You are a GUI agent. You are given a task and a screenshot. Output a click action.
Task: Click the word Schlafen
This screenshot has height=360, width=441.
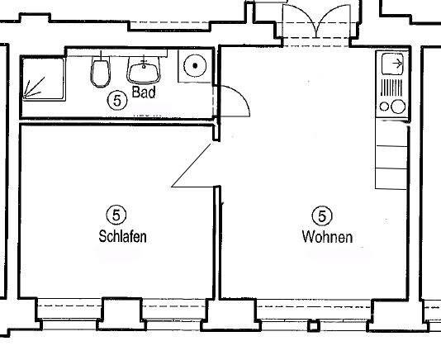coord(122,237)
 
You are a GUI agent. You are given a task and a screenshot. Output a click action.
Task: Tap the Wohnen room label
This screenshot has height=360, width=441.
coord(327,237)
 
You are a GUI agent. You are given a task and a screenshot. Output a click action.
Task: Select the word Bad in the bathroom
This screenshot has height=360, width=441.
coord(144,92)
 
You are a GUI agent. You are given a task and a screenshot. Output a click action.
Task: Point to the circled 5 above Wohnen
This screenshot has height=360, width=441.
coord(323,216)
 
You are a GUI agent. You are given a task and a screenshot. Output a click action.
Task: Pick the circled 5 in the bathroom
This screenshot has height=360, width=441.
coord(116,101)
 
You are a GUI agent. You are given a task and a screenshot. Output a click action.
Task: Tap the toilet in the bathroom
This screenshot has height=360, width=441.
coord(101,73)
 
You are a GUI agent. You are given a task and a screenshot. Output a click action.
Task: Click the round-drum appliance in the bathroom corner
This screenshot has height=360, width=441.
coord(196,64)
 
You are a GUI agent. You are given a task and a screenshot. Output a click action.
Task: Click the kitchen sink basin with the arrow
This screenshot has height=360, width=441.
coord(393,64)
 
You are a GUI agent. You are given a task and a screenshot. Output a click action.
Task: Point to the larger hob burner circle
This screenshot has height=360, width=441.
coord(398,107)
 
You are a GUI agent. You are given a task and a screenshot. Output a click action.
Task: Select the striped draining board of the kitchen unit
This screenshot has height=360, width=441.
coord(393,86)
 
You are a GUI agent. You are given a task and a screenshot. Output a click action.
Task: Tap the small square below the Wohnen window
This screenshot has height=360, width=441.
coord(313,325)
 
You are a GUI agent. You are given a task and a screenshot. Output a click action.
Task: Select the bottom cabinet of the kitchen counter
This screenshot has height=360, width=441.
coord(391,177)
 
